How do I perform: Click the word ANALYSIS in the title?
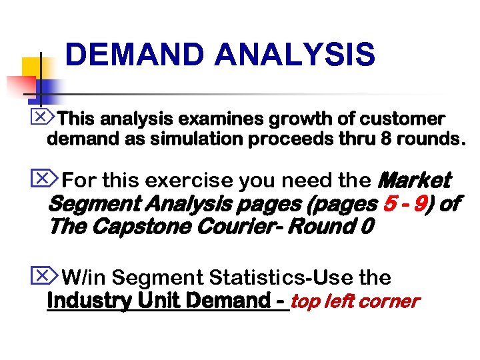tap(295, 55)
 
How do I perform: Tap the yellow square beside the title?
tap(32, 67)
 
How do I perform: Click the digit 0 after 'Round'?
tap(365, 227)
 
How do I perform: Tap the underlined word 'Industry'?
tap(87, 301)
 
